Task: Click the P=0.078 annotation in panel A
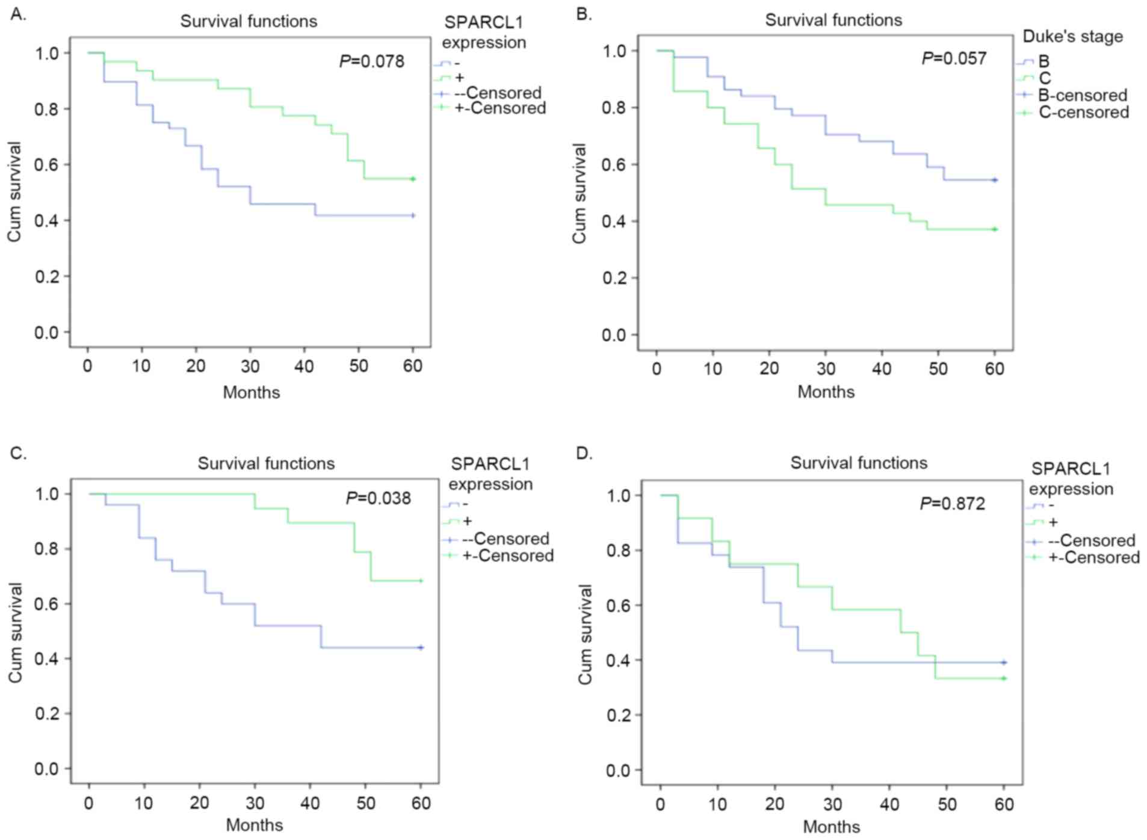[372, 61]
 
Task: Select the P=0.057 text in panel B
[954, 58]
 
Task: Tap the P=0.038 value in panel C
[379, 498]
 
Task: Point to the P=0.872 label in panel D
[953, 503]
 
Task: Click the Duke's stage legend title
[1072, 37]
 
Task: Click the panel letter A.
[19, 15]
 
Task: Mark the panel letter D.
[584, 453]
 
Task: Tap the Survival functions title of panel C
[266, 463]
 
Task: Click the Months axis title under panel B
[826, 392]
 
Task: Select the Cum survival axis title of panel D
[585, 634]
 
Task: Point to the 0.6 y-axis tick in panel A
[47, 165]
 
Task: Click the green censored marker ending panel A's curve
[413, 179]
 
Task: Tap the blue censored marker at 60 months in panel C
[421, 647]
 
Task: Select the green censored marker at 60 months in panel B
[995, 229]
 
